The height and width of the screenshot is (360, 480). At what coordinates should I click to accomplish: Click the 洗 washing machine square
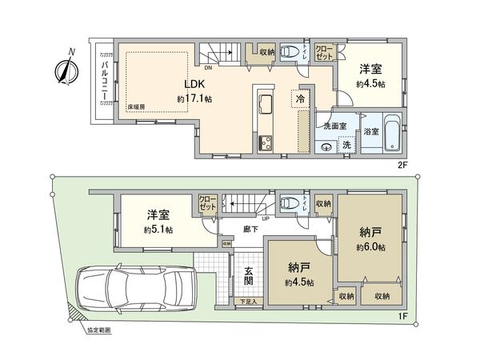[x=347, y=146]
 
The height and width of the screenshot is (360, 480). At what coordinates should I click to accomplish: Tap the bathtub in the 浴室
[x=392, y=134]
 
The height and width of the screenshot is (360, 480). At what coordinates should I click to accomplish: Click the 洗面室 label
[x=334, y=126]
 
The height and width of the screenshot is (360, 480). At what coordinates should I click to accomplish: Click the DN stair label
[x=207, y=67]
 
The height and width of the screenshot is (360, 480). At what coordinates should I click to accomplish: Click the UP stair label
[x=263, y=218]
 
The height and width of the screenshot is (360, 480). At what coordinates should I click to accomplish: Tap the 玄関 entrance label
[x=249, y=276]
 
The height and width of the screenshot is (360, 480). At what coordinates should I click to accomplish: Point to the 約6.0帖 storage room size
[x=372, y=248]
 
